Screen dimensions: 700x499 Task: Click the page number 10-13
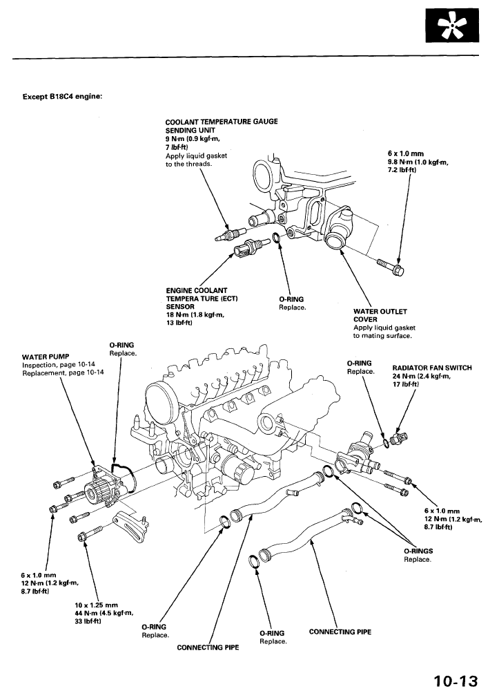click(456, 681)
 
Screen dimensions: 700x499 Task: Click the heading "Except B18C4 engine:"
click(63, 96)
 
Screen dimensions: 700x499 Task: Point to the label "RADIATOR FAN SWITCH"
click(432, 368)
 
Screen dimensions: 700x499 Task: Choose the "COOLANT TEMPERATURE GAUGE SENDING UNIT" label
click(221, 126)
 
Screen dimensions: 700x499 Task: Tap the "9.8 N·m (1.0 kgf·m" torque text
click(418, 162)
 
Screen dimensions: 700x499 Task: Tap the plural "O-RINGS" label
click(418, 551)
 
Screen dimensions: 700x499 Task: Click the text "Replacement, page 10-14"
click(63, 372)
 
